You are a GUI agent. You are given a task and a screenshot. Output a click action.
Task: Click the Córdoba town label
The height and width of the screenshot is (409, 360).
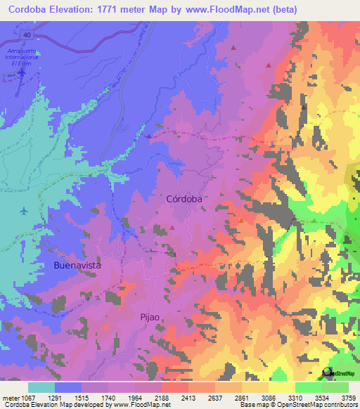point(184,199)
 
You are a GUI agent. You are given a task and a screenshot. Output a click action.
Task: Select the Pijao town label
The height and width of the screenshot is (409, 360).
point(151,316)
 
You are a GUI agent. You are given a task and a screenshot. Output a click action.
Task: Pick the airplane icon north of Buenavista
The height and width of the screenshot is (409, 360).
point(24,210)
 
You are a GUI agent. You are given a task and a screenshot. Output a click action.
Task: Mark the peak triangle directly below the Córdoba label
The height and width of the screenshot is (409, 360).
point(172,228)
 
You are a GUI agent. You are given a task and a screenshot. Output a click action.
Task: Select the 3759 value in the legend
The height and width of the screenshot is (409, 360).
point(348,397)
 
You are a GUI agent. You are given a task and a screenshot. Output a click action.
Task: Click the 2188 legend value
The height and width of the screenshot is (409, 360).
point(172,397)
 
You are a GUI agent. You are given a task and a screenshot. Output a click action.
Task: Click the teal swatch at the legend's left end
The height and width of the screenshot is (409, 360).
point(41,387)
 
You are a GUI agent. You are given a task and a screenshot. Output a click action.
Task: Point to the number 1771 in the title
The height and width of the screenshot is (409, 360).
point(130,10)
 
